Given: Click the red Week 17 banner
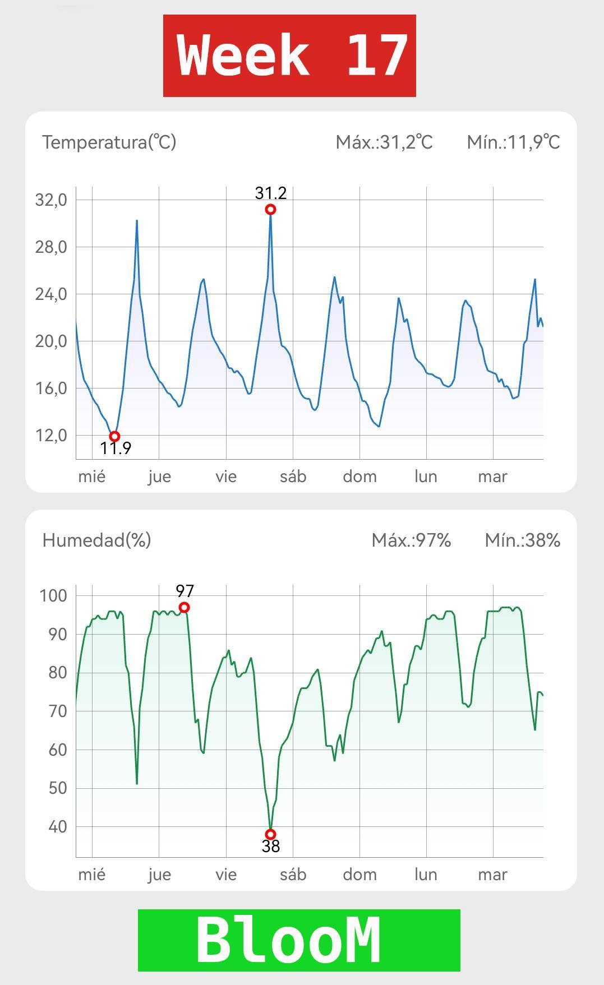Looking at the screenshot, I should tap(289, 56).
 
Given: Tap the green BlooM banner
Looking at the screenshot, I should tap(299, 940).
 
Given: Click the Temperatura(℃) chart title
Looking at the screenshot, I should tap(109, 142).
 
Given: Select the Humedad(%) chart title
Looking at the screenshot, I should tap(96, 540).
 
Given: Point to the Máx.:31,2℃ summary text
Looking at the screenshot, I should tap(384, 142).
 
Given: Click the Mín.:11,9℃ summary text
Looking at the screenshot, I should tap(513, 142).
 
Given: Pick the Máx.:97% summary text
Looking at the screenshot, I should tap(411, 540).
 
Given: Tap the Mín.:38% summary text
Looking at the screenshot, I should tap(522, 540).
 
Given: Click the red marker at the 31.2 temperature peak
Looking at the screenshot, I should tap(270, 210).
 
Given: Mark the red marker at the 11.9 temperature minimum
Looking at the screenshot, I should tap(114, 436).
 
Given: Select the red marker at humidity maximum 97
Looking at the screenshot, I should tap(184, 608).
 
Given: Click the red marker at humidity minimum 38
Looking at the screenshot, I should tap(270, 834).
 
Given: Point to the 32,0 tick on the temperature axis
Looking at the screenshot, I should tap(51, 200).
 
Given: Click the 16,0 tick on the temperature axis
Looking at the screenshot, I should tap(51, 388).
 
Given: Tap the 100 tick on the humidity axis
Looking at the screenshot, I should tap(53, 595).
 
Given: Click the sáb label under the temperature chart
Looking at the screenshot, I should tap(293, 477).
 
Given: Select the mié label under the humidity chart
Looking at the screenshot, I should tap(91, 875).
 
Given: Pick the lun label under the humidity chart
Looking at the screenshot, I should tap(426, 875).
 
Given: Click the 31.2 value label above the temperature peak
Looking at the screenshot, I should tap(271, 193).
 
